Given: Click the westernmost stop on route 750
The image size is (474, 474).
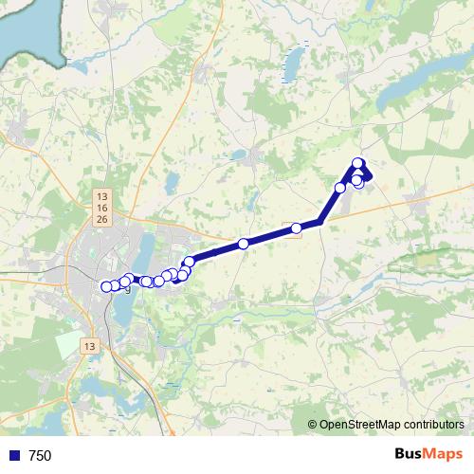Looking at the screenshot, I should [x=106, y=287].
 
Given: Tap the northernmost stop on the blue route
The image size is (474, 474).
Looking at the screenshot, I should [x=357, y=163].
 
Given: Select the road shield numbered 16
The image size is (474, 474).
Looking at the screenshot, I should [x=101, y=208].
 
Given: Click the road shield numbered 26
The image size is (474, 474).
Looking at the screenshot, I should [x=101, y=219].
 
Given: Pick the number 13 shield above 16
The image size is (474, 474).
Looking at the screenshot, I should [x=101, y=196].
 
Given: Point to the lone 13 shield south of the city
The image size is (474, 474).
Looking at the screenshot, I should [x=90, y=345].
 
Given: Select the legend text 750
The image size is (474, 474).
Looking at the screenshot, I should [x=40, y=456].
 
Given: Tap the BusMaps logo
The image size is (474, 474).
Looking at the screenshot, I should [x=428, y=455].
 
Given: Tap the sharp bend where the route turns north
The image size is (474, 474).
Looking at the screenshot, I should [x=320, y=222].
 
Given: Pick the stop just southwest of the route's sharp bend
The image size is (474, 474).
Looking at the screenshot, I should [x=297, y=228].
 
